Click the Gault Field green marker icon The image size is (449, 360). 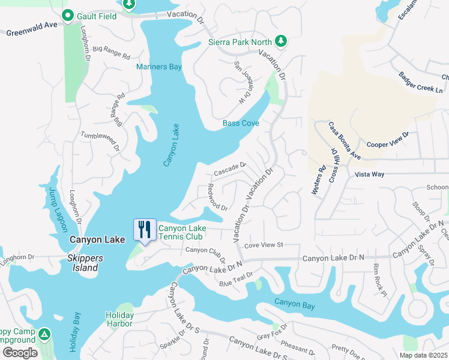pos(68,15)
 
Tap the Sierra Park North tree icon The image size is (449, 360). pos(280,41)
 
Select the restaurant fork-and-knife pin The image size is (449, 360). pos(145,230)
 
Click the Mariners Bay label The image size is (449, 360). pos(159,67)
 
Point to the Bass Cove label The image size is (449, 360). pos(241,124)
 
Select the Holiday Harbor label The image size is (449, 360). pos(119,319)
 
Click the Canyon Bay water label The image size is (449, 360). pos(295,306)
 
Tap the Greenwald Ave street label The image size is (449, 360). pos(32,29)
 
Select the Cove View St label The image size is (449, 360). pos(263,245)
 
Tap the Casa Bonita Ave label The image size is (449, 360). pos(344,141)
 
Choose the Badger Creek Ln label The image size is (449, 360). pos(421,82)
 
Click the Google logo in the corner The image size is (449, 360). pos(20,352)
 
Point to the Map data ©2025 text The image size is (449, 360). pos(423,355)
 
